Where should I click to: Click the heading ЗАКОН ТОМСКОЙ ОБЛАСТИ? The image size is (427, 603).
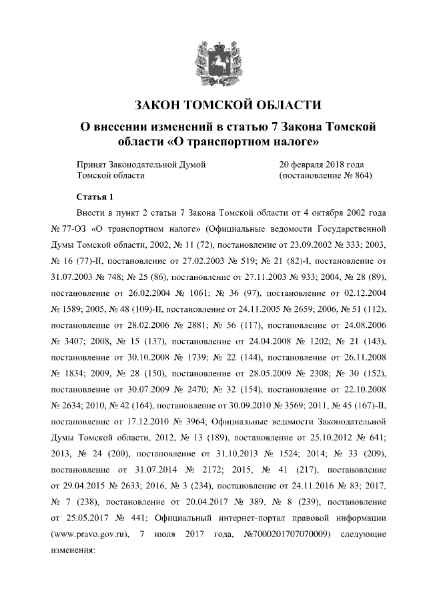pos(213,105)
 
